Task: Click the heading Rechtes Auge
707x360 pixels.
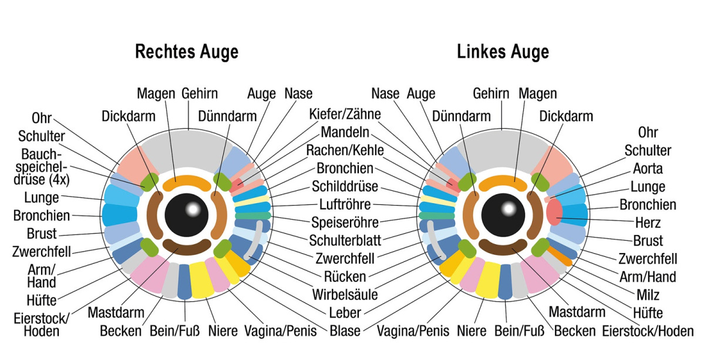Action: pos(187,52)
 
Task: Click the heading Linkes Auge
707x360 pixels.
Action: pos(503,52)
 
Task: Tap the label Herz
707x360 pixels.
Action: pos(648,223)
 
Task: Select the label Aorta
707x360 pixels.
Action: pos(648,169)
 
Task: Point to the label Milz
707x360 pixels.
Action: pos(648,295)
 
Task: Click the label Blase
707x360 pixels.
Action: pos(345,331)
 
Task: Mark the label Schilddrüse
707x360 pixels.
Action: pos(345,187)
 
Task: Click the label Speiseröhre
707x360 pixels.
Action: pos(345,223)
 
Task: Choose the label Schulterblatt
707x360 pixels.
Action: pos(345,240)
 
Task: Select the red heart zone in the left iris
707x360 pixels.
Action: pos(554,213)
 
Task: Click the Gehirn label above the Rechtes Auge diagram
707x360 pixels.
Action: pos(200,93)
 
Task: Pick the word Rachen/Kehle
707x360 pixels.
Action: pos(345,150)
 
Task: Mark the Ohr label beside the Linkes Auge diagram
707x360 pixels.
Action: pos(648,133)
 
